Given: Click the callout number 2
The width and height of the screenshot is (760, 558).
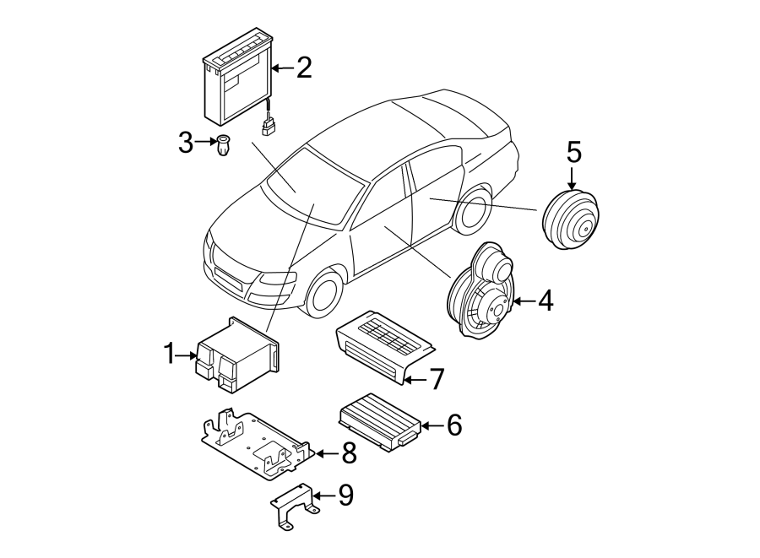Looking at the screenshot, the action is click(304, 68).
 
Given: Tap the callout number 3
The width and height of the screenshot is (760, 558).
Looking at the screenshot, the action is click(186, 143).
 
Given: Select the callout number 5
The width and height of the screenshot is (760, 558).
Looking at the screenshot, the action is click(574, 152).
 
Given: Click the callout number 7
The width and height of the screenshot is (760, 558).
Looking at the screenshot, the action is click(437, 379).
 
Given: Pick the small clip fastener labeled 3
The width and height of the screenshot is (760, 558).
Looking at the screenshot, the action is click(224, 145).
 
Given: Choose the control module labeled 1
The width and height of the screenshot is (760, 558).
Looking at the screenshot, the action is click(237, 355).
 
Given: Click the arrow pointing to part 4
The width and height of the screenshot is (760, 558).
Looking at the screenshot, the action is click(524, 301).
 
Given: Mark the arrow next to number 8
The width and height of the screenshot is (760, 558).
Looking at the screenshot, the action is click(328, 454).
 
